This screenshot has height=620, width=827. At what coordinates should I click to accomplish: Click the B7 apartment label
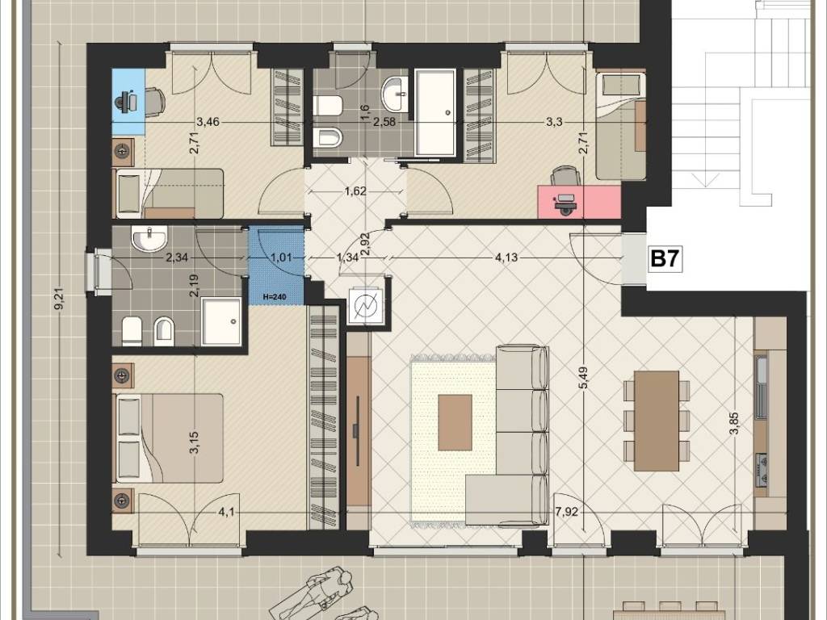[665, 259]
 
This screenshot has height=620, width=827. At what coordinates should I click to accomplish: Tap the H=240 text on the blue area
[275, 297]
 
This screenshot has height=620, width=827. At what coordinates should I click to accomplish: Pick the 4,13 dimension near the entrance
[506, 258]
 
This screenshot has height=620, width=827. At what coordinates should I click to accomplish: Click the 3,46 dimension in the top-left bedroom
[208, 123]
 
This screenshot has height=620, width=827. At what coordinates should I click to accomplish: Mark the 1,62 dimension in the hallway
[355, 191]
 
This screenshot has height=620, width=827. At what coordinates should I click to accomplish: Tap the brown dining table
[657, 421]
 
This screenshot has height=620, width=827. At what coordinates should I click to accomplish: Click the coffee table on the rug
[455, 423]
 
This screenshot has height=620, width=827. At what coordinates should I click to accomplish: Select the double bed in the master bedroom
[169, 438]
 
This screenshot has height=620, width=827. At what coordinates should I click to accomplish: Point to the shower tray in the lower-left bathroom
[221, 321]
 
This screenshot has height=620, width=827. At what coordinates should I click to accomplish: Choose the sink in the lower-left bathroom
[149, 238]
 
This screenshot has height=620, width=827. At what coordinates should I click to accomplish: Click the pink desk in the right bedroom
[579, 201]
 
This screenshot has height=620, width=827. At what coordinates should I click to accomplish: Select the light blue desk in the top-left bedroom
[128, 103]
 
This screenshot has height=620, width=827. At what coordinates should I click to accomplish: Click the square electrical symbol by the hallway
[364, 307]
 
